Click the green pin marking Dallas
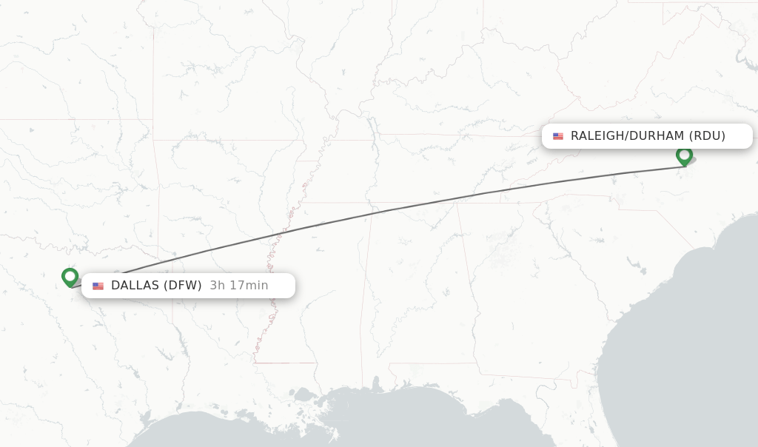tap(70, 277)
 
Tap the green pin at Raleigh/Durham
tap(684, 155)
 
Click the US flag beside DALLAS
tap(98, 286)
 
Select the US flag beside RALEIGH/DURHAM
tap(557, 136)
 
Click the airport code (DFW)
tap(182, 286)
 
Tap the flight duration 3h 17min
tap(238, 286)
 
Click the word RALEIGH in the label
tap(597, 136)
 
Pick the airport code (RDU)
tap(707, 136)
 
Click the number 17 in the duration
tap(232, 286)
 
